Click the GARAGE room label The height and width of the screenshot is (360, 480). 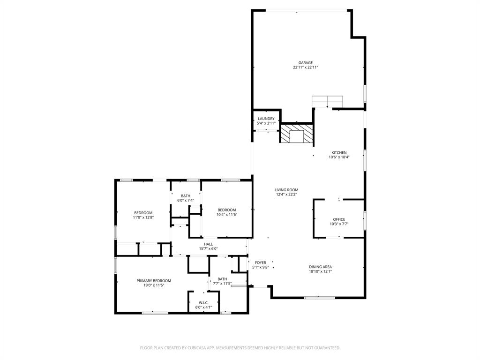click(x=306, y=62)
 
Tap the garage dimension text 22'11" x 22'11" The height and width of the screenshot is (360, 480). click(x=306, y=67)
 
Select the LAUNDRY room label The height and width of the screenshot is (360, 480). click(x=266, y=119)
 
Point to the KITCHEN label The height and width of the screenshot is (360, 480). click(x=339, y=152)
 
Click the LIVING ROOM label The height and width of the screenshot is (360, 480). click(x=286, y=190)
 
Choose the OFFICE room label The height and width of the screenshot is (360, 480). click(x=339, y=219)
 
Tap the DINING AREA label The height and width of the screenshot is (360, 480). click(x=320, y=267)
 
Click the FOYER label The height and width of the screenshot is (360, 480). click(x=260, y=262)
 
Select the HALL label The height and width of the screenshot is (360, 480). click(x=209, y=244)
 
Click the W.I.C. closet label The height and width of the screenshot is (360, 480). click(x=203, y=302)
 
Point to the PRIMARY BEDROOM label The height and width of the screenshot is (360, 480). click(x=154, y=280)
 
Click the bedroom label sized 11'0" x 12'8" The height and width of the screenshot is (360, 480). click(x=143, y=212)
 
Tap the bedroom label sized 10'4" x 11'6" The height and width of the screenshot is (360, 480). click(x=227, y=210)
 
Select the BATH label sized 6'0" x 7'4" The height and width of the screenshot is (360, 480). click(x=186, y=195)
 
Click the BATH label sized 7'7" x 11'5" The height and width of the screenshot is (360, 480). click(x=222, y=279)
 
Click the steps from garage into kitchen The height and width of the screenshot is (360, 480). click(x=327, y=101)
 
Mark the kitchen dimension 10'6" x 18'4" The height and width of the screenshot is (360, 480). click(x=339, y=157)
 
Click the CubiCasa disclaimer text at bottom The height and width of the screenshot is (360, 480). click(x=240, y=348)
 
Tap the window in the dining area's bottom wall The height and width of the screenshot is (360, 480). click(x=319, y=297)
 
